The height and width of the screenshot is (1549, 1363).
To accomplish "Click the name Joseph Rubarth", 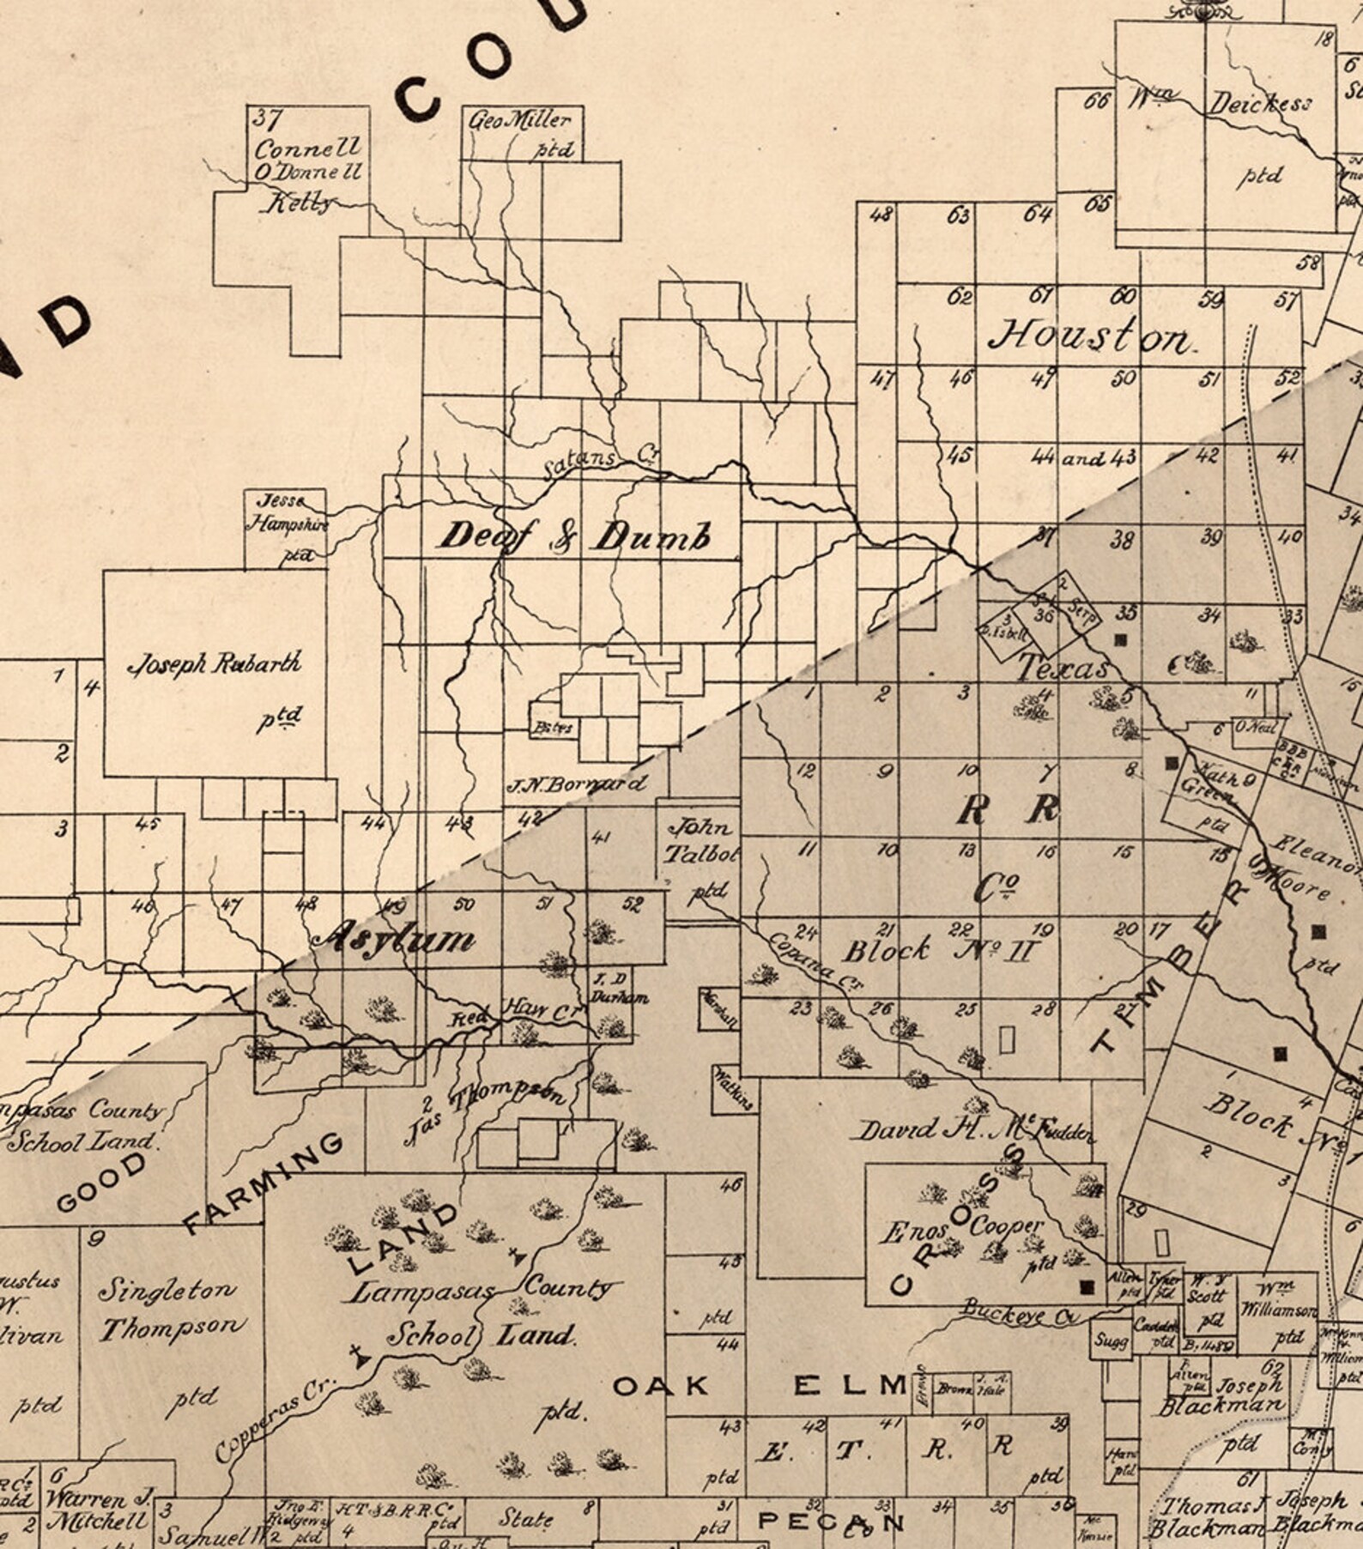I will point(215,664).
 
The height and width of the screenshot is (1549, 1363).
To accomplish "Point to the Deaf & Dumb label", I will point(574,537).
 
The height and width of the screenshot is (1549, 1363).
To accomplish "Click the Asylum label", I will point(396,938).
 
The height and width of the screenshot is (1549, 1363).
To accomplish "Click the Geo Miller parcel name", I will point(519,121).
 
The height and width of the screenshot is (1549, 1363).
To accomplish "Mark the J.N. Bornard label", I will point(576,784).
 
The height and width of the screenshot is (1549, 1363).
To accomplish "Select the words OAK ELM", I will point(760,1385).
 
